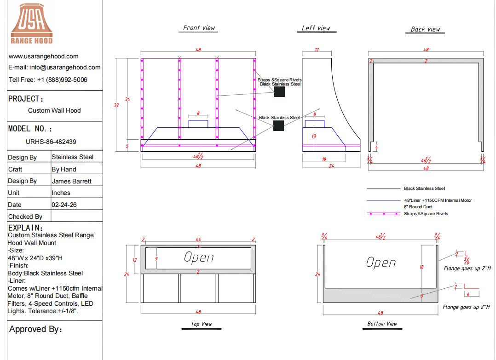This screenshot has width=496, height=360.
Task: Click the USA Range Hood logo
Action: (x=32, y=24)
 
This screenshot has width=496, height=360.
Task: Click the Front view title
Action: (x=199, y=28)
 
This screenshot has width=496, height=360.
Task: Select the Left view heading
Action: (x=316, y=28)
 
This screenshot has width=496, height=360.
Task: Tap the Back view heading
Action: (x=425, y=29)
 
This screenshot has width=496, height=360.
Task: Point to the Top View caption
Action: (x=202, y=324)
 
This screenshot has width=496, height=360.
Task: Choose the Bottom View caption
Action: (x=382, y=324)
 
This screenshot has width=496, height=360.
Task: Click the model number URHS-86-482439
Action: (x=51, y=142)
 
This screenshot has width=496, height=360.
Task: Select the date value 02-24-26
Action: (x=64, y=205)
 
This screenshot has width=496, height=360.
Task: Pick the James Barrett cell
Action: (x=72, y=181)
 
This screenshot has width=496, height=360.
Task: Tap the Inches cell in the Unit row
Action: (x=61, y=193)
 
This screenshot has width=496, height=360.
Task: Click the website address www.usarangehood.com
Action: (x=44, y=56)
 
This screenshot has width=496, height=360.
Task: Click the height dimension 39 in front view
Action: (x=116, y=105)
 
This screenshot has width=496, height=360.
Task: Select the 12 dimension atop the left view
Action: (x=317, y=50)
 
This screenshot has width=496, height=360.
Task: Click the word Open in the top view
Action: (x=199, y=257)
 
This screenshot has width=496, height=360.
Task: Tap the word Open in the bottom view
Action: (x=381, y=263)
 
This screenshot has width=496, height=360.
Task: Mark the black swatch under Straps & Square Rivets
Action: (x=279, y=91)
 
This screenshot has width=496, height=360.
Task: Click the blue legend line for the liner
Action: (x=384, y=200)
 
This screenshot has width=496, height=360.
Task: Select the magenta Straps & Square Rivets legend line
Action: (x=384, y=214)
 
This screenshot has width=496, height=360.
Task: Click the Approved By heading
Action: (x=35, y=329)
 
